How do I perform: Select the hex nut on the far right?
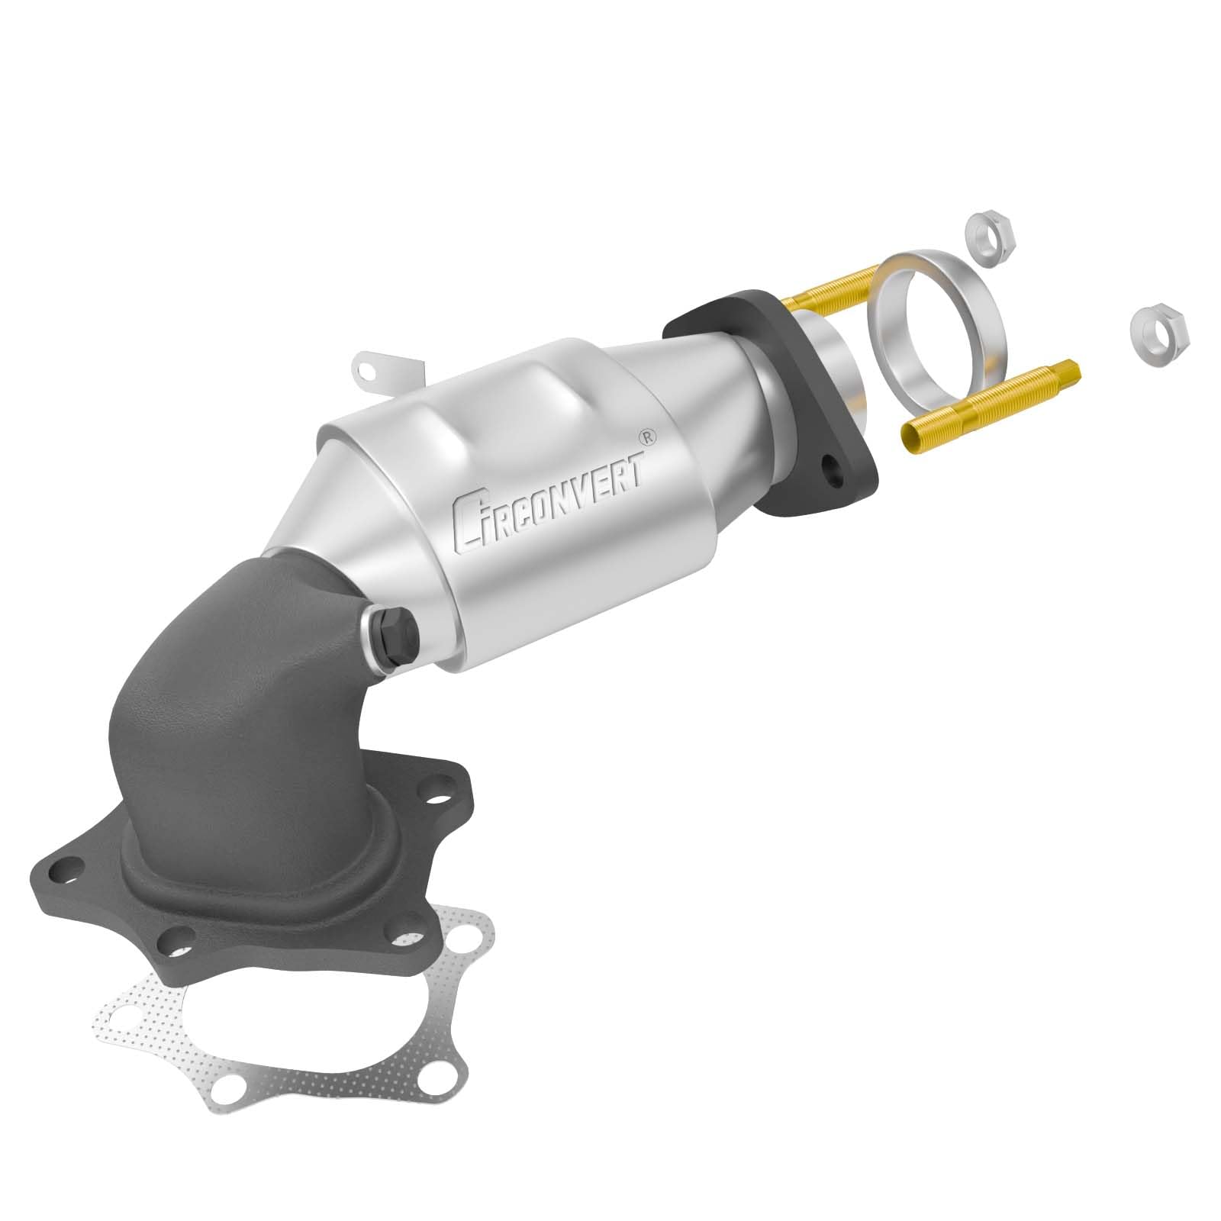(1158, 333)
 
